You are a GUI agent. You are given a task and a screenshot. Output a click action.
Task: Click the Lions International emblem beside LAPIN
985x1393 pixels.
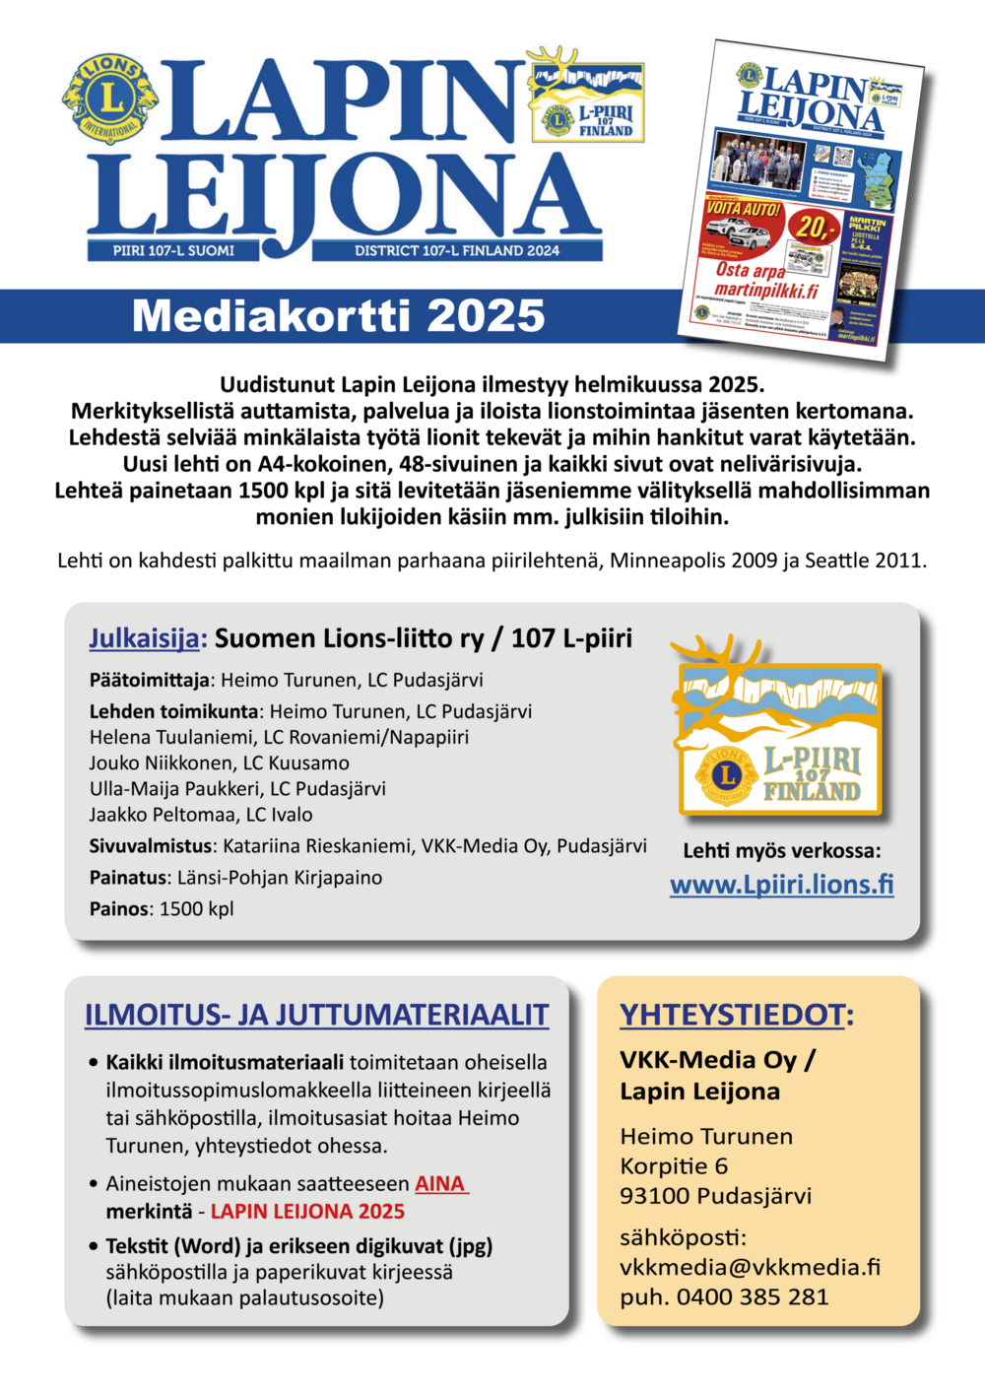(110, 99)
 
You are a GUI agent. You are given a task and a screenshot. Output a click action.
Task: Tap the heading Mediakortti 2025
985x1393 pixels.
(338, 315)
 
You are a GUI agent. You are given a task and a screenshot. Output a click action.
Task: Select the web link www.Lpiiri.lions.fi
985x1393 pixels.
(782, 884)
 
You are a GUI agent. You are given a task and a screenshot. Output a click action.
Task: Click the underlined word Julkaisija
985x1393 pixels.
(148, 638)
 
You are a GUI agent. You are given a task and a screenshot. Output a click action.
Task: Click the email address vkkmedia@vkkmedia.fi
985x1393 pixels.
(750, 1266)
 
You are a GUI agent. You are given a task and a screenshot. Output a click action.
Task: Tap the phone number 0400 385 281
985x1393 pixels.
(753, 1296)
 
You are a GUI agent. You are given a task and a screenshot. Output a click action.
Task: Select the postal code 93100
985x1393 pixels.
(654, 1196)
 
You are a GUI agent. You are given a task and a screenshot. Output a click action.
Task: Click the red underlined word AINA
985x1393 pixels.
(440, 1183)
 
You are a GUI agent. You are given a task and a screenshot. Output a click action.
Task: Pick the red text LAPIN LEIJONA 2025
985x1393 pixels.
(307, 1211)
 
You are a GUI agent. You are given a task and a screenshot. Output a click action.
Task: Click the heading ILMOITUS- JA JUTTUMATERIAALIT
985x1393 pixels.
(316, 1015)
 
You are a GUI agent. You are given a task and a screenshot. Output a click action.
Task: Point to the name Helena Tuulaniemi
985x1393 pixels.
(161, 737)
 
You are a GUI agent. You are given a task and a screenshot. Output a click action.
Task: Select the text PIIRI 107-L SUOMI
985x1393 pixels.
(173, 250)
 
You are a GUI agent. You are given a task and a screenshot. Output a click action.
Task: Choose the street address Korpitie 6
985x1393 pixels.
(674, 1166)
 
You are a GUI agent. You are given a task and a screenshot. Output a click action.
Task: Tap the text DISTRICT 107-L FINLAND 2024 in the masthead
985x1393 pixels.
(457, 250)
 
